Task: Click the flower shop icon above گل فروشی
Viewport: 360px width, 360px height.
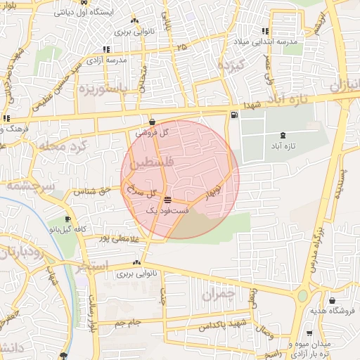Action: coord(153,122)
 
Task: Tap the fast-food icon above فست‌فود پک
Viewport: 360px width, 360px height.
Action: coord(167,200)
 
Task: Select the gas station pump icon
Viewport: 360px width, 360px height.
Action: coord(233,115)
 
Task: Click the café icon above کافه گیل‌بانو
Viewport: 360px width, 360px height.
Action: coord(67,219)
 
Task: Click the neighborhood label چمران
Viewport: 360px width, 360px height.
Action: coord(216,296)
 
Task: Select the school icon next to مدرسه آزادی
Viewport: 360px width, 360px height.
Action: coord(105,49)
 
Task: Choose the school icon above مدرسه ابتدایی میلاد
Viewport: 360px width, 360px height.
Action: coord(265,31)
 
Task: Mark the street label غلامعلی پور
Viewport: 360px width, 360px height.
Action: coord(105,239)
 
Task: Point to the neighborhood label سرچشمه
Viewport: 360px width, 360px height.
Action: coord(25,186)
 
